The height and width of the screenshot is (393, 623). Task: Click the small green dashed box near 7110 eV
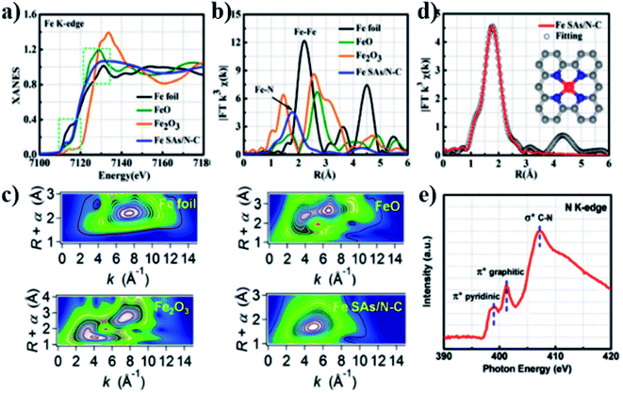[x=43, y=133]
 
